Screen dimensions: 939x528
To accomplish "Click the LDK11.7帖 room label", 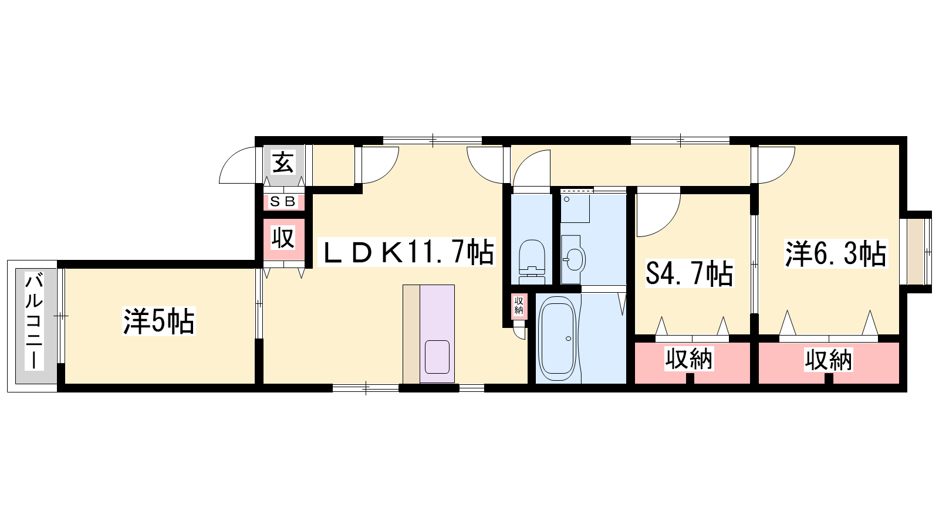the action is [x=407, y=252].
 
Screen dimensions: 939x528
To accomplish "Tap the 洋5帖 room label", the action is [x=159, y=321].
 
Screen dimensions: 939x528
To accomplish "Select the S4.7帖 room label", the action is [x=690, y=273].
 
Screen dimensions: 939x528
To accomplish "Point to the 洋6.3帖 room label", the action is [x=836, y=253].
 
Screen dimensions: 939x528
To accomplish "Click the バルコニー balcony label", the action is [x=35, y=321].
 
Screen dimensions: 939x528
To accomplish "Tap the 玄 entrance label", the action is [x=283, y=163].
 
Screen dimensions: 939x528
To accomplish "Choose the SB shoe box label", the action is [x=283, y=202].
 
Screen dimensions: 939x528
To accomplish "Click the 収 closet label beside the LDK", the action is [x=283, y=238].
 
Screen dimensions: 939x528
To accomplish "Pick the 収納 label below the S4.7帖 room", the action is [x=689, y=359].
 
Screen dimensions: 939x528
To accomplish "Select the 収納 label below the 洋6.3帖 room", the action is [x=828, y=360].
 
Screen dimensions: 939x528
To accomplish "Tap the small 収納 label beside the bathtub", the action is [x=519, y=306].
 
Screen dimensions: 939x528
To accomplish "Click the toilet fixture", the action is [x=532, y=262].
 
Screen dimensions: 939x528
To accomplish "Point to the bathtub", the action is [x=558, y=338].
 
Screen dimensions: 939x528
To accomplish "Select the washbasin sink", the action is [x=573, y=259].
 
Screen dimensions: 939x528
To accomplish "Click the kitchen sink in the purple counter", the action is [x=437, y=357].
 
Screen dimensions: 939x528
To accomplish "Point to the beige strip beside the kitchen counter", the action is [x=411, y=334].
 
